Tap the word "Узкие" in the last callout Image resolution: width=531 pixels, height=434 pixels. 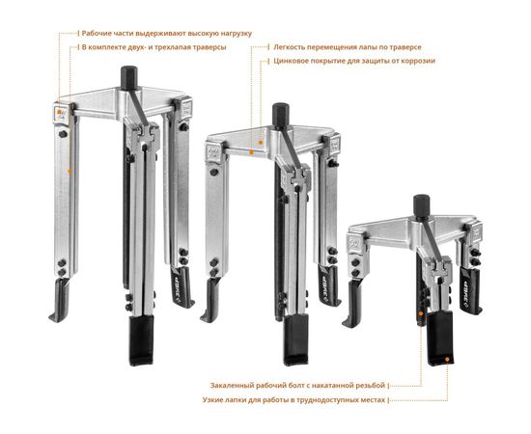tap(212, 400)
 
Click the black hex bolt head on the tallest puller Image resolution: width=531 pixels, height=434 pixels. tap(129, 77)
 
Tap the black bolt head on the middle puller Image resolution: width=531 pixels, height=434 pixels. tap(280, 116)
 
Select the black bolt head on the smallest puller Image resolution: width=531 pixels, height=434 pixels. tap(422, 206)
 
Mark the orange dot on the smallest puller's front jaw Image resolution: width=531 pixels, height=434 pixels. tap(447, 360)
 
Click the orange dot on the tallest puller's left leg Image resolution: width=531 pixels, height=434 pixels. tap(70, 172)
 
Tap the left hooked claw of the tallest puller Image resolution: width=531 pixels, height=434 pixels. tap(59, 300)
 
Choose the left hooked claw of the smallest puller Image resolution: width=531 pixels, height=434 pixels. tap(351, 305)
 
